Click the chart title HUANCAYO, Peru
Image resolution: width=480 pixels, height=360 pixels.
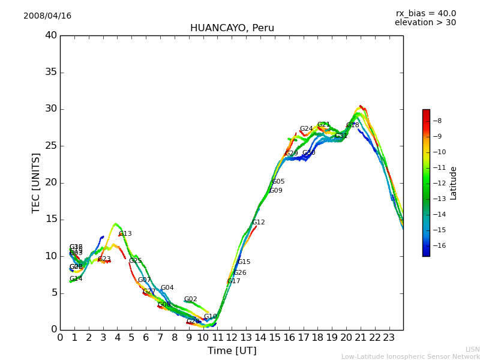pos(232,28)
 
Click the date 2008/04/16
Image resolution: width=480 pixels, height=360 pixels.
pos(47,16)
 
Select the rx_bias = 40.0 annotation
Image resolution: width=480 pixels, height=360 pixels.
pos(425,13)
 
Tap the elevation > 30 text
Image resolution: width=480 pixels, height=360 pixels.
pos(425,23)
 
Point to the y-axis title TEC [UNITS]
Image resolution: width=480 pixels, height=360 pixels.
pos(36,182)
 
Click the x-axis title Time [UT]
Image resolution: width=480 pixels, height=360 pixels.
pos(232,351)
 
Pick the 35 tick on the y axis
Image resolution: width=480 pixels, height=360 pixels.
pos(52,73)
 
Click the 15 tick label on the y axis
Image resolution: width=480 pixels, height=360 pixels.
pos(52,220)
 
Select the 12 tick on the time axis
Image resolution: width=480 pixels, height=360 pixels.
pos(232,337)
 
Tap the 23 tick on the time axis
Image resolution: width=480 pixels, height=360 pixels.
pos(389,337)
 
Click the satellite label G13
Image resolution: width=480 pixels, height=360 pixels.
pos(125,234)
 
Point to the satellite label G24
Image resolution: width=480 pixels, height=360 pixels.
pos(306,129)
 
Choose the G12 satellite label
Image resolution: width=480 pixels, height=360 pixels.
pos(258,223)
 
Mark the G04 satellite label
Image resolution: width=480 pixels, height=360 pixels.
pos(167,288)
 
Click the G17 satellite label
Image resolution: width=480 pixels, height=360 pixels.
pos(233,281)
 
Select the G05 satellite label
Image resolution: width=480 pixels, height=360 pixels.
pos(278,182)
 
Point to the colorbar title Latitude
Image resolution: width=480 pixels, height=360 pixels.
pos(454,183)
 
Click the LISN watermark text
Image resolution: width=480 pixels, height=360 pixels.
pos(472,349)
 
